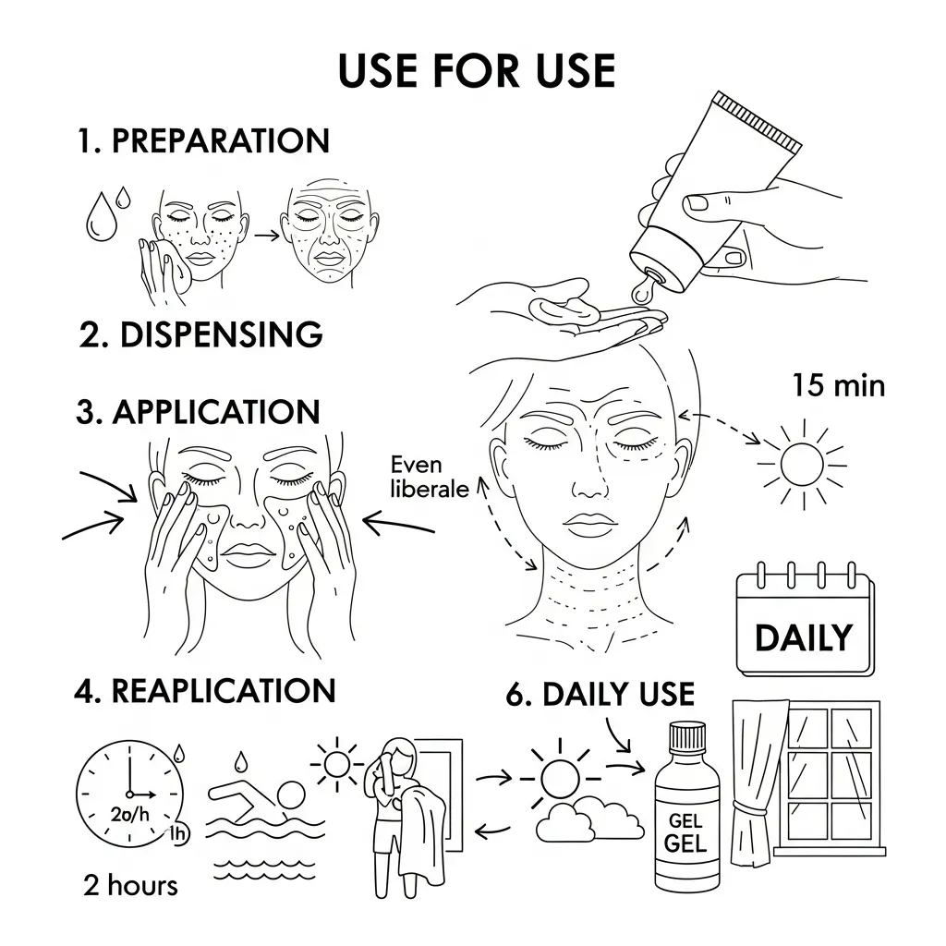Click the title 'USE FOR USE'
pyautogui.click(x=477, y=70)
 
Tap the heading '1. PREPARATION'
pyautogui.click(x=203, y=141)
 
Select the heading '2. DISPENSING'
pyautogui.click(x=200, y=334)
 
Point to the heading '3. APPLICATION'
pyautogui.click(x=198, y=413)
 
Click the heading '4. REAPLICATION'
pyautogui.click(x=204, y=691)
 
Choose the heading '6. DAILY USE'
pyautogui.click(x=600, y=694)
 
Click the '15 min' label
pyautogui.click(x=839, y=385)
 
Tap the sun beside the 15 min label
pyautogui.click(x=802, y=465)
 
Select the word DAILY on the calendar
pyautogui.click(x=804, y=637)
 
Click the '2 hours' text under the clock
pyautogui.click(x=131, y=886)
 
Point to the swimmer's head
pyautogui.click(x=291, y=796)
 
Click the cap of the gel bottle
pyautogui.click(x=687, y=735)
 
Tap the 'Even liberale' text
pyautogui.click(x=429, y=477)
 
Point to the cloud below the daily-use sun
pyautogui.click(x=589, y=819)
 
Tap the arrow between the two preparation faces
pyautogui.click(x=267, y=236)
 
